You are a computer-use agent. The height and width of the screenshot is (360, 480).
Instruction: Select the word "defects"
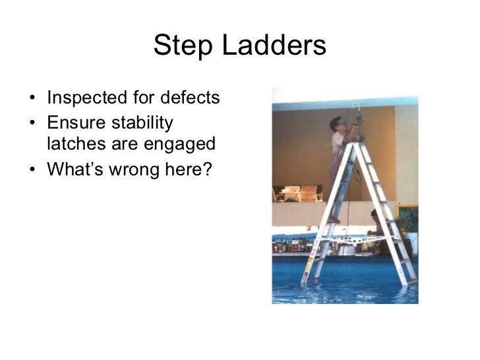(191, 98)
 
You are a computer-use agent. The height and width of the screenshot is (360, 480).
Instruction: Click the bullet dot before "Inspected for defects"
(32, 100)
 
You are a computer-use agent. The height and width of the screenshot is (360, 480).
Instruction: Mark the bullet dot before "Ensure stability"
(32, 124)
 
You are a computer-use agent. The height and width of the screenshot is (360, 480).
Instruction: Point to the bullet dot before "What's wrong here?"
(32, 171)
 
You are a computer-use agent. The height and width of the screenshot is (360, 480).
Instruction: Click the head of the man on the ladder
(338, 123)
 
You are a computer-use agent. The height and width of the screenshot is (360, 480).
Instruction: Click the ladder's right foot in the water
(412, 282)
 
